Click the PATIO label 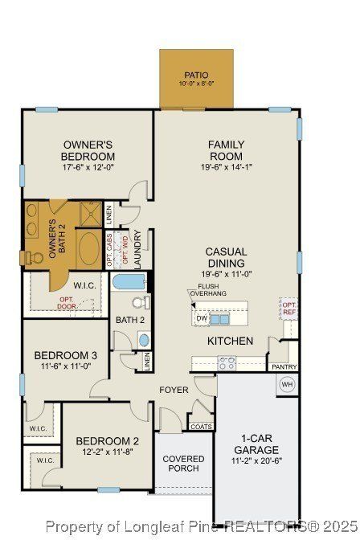196,75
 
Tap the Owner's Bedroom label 89,150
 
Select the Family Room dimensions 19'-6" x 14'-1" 227,167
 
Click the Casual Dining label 227,257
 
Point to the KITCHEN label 230,341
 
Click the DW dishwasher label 201,318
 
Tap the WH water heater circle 287,384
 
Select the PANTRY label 284,367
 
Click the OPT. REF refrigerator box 288,308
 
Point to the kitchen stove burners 227,363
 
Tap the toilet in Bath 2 139,302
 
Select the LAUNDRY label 137,249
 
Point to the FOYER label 174,390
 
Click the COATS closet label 201,427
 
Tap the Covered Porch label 183,464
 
